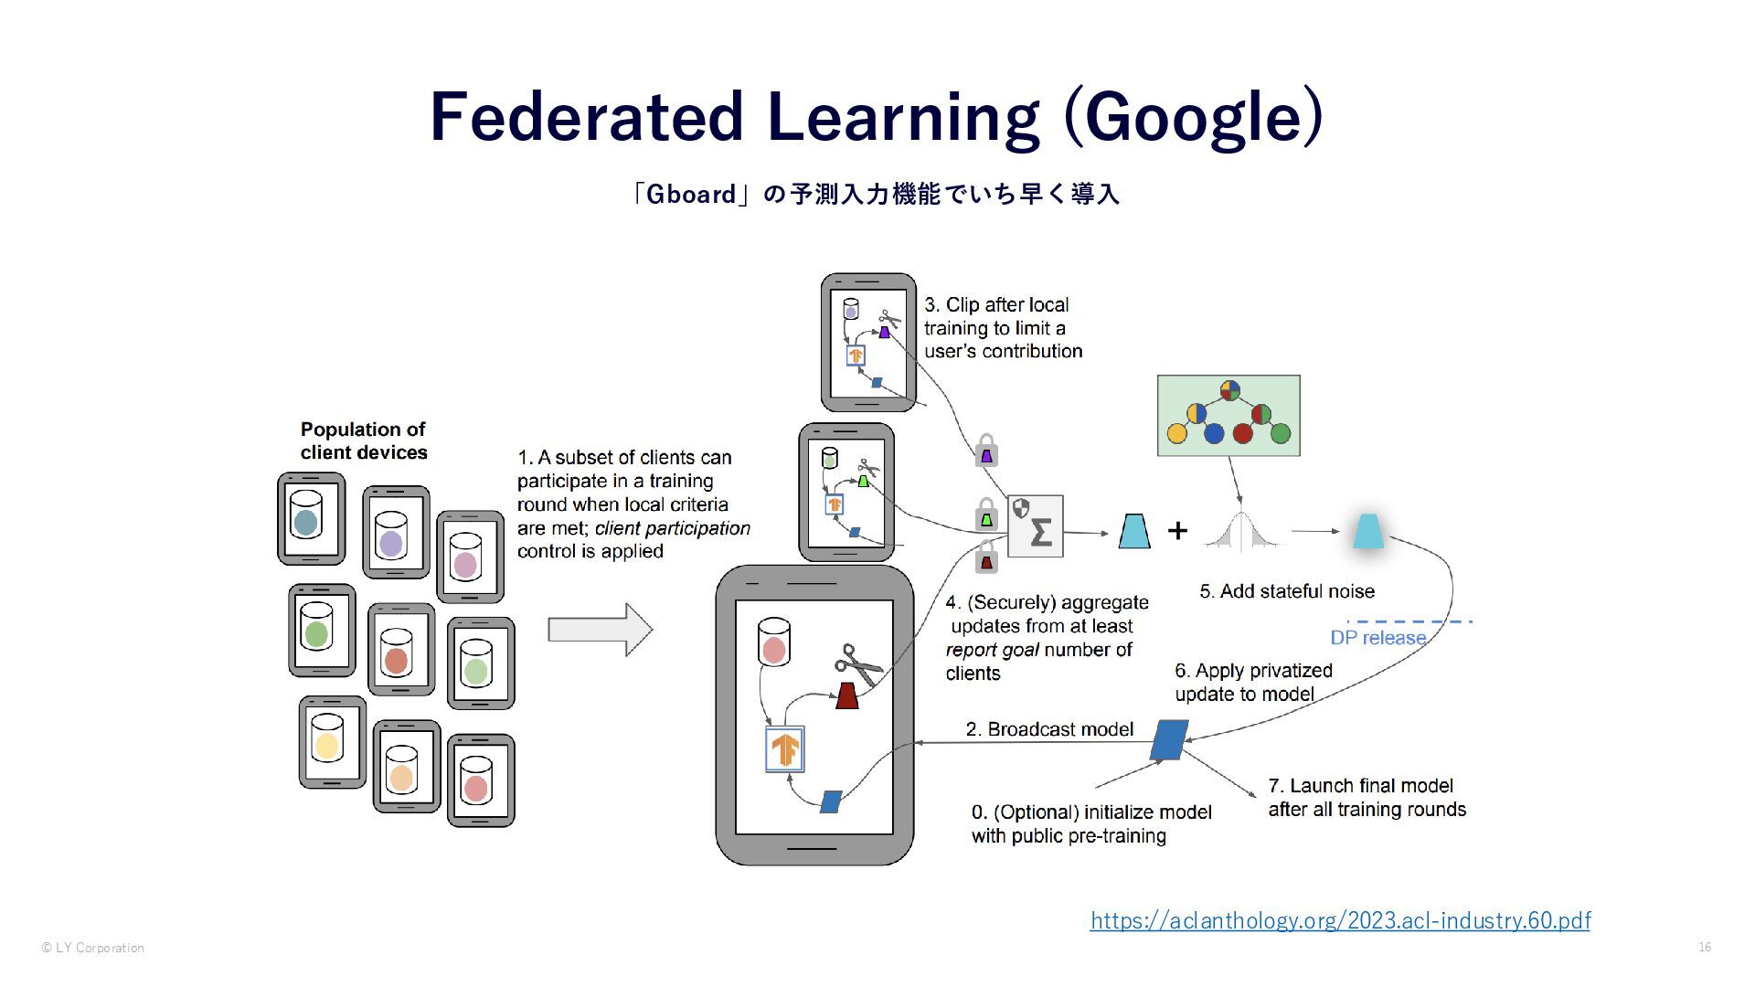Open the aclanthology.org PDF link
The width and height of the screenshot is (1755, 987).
click(1340, 920)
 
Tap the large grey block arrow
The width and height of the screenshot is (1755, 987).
click(600, 630)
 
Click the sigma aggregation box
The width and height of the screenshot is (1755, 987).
click(1036, 526)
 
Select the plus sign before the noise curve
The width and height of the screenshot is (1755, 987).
click(1177, 530)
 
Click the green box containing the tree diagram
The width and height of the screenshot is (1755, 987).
click(1228, 415)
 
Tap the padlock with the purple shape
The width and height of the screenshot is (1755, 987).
click(985, 451)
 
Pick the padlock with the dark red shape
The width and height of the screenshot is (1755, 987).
click(985, 557)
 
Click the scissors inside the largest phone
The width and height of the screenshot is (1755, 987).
click(857, 663)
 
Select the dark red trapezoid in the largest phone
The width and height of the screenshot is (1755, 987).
click(847, 695)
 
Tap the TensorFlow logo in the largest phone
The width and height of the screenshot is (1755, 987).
click(784, 749)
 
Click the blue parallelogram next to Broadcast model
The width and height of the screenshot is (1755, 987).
click(1169, 740)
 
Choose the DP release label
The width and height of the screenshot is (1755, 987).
click(1377, 638)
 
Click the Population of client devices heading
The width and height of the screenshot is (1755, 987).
click(364, 440)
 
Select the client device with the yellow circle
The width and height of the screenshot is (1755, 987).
click(332, 741)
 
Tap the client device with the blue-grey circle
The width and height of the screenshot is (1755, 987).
click(311, 518)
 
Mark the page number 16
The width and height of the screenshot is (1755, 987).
click(1705, 947)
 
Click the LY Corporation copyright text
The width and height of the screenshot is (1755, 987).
click(93, 948)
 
